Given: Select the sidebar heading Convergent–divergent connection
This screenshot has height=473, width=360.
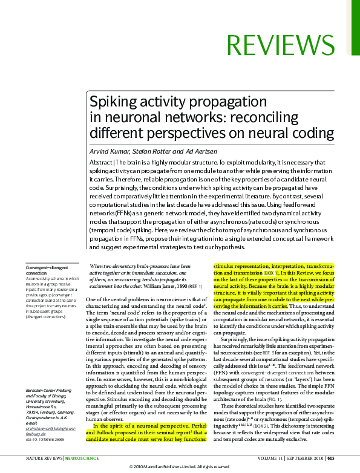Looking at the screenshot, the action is (47, 270).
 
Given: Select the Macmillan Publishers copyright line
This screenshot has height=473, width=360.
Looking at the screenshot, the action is (180, 468).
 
